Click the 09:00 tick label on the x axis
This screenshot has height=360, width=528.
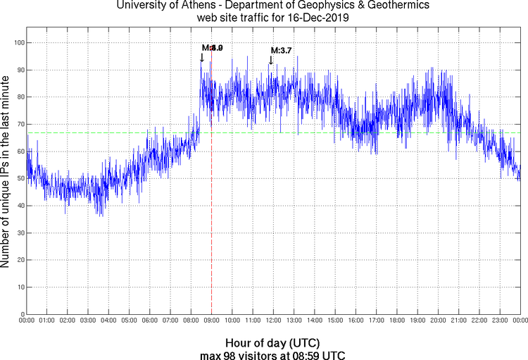[x=212, y=321]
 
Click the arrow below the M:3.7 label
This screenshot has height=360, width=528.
[x=271, y=61]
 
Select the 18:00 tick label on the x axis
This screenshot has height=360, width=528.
[x=397, y=321]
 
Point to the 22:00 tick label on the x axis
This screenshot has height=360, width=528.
[x=479, y=321]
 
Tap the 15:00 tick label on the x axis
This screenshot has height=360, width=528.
[x=335, y=321]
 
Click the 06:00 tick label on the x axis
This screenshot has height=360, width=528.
[x=150, y=321]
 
